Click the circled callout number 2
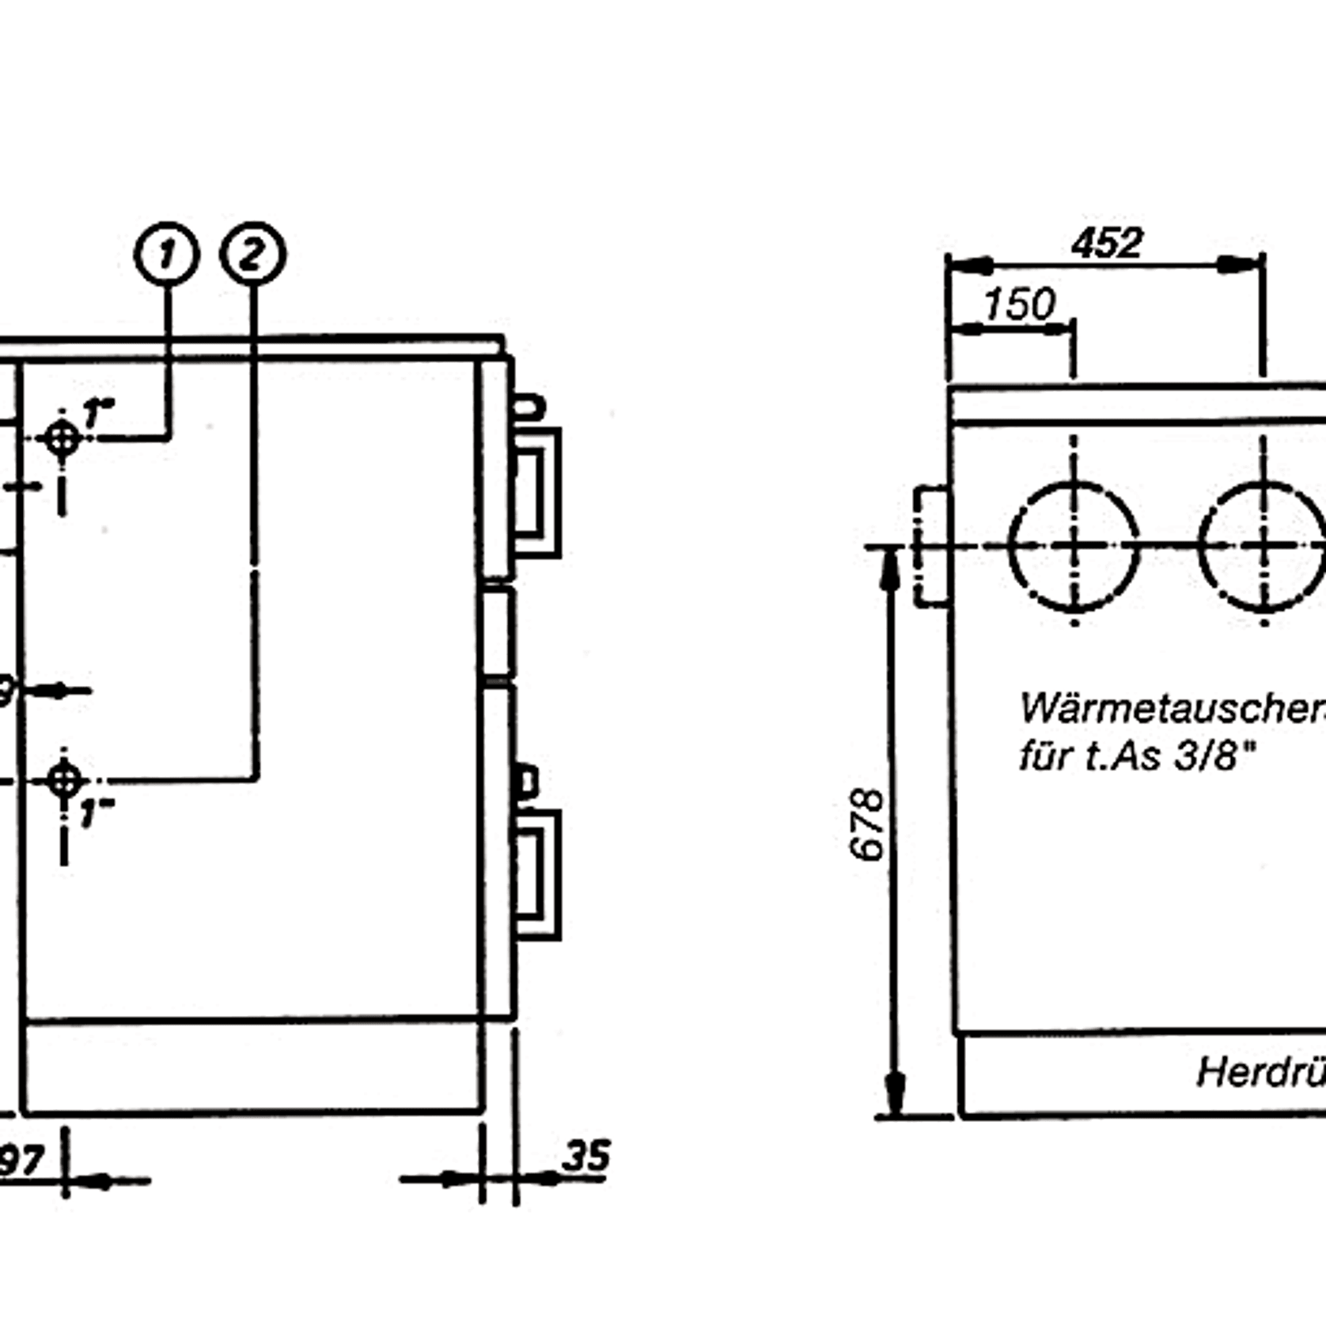pos(252,254)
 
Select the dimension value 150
pos(1019,304)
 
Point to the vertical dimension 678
pos(866,824)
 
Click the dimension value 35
pos(586,1156)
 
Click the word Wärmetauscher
pos(1171,708)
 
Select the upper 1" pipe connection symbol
pos(63,438)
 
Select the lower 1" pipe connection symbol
pos(64,780)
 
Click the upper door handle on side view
pos(538,492)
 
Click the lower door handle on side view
pos(538,874)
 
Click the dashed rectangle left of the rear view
pos(931,546)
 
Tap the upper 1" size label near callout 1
pos(99,413)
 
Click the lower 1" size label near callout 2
pos(97,813)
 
